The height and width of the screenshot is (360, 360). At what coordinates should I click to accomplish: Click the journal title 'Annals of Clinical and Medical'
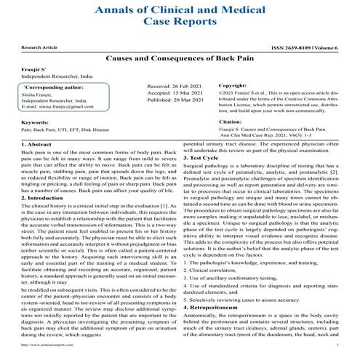[180, 10]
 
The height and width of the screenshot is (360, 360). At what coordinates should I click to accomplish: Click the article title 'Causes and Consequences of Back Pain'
[180, 55]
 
